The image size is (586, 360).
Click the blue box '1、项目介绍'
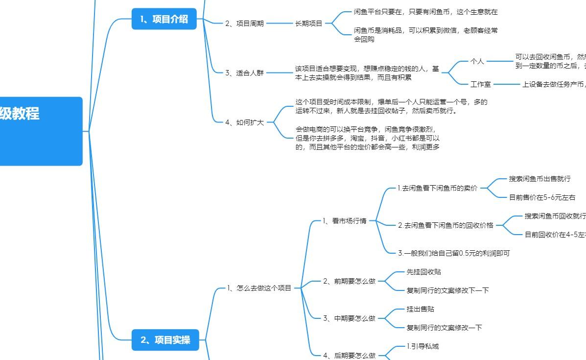164,19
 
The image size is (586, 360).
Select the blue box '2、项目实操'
165,340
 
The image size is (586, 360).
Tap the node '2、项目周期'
244,24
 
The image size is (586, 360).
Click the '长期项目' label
309,24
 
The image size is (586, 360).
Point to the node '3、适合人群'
244,73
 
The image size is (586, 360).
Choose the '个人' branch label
477,61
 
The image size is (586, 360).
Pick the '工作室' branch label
480,84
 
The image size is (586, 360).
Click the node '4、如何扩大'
244,122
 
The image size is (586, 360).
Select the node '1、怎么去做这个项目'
259,288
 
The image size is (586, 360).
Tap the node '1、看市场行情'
344,221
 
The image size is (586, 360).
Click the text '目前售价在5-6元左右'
542,197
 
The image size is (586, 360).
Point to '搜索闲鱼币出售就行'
539,179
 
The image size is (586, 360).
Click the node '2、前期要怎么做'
349,281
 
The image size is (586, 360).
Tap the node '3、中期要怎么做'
349,318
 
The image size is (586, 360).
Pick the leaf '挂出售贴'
421,309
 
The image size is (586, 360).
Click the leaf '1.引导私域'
423,346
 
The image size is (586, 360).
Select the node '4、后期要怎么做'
349,356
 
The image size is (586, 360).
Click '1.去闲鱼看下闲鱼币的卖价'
437,188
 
